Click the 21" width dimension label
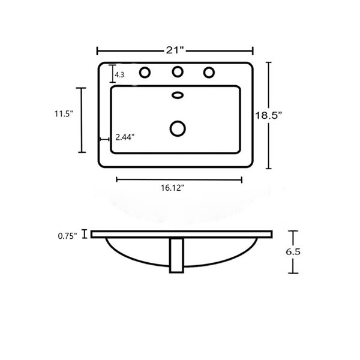tap(175, 50)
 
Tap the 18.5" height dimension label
tap(268, 115)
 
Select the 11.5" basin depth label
tap(64, 113)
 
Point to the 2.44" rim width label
tap(125, 137)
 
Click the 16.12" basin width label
tap(172, 188)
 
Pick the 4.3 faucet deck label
tap(119, 74)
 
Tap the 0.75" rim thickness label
tap(67, 236)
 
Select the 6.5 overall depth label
tap(293, 252)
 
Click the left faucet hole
tap(145, 73)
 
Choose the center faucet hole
tap(178, 71)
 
